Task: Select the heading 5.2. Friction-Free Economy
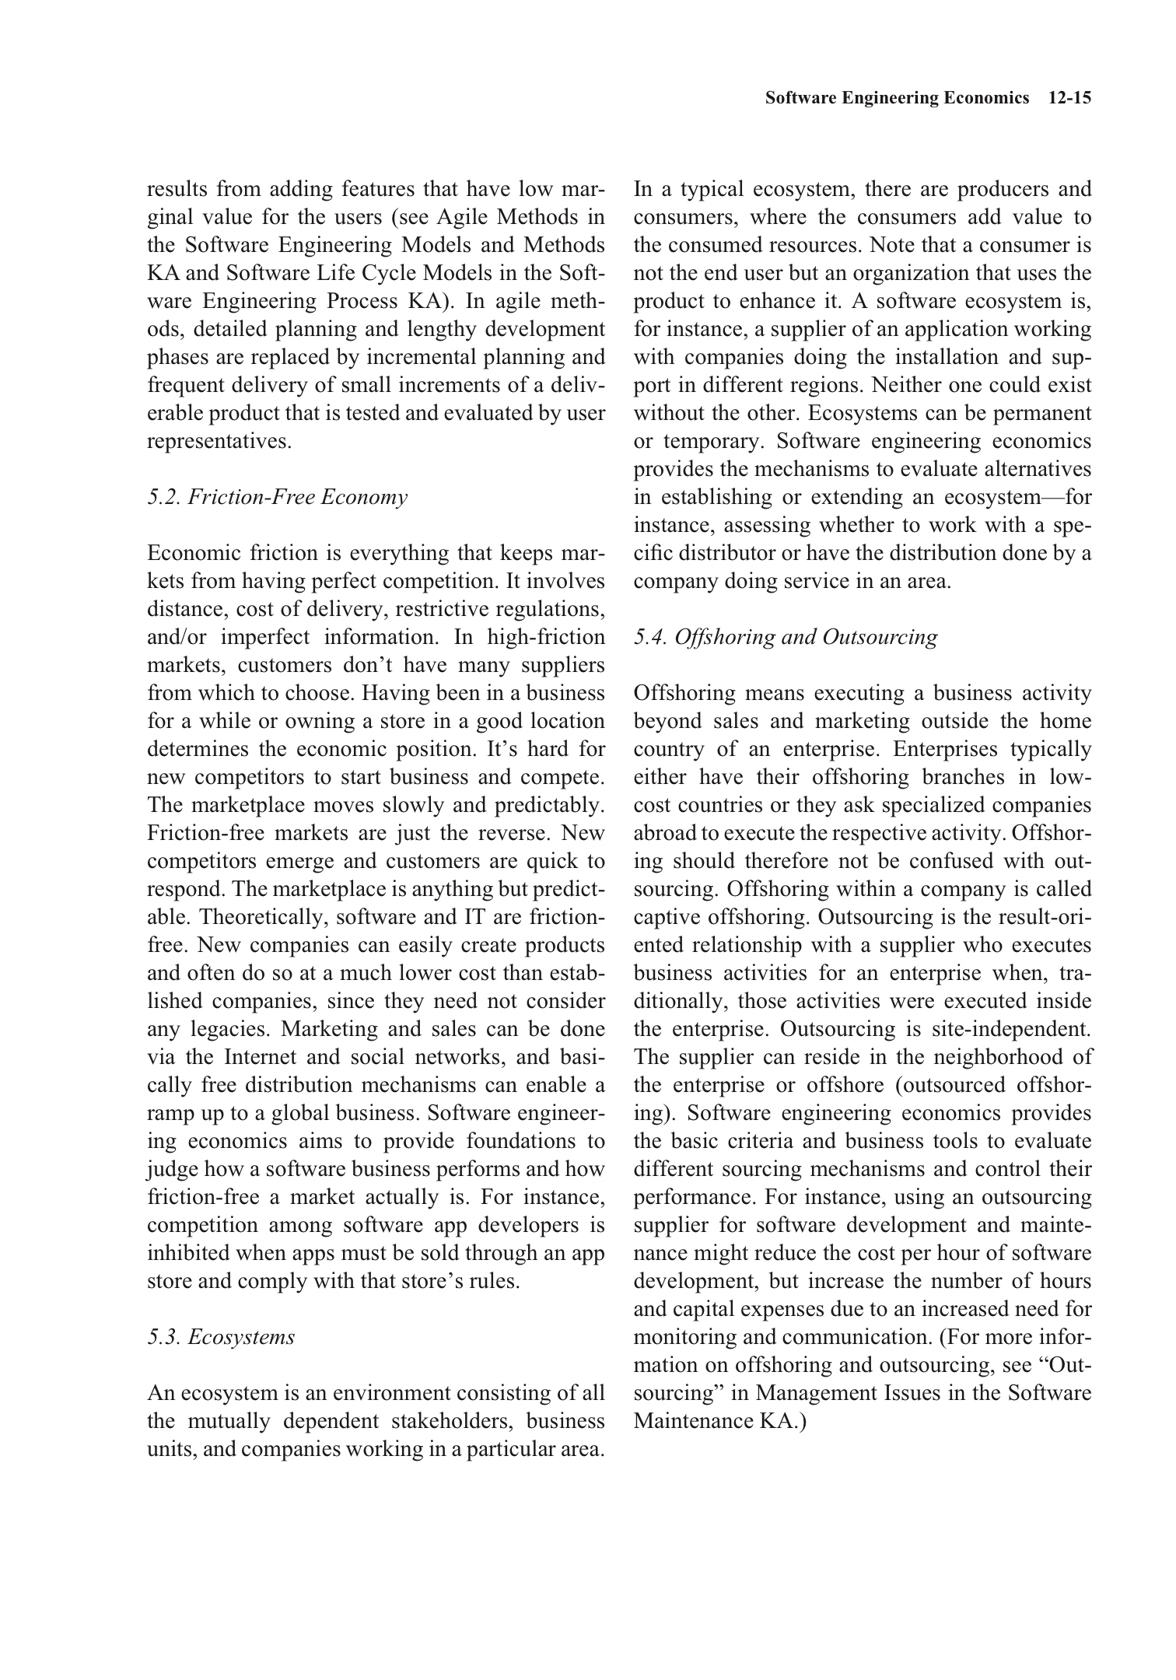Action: point(277,497)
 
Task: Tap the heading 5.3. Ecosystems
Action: point(221,1337)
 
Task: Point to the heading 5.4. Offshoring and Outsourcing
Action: point(786,637)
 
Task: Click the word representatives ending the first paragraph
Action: point(219,441)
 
